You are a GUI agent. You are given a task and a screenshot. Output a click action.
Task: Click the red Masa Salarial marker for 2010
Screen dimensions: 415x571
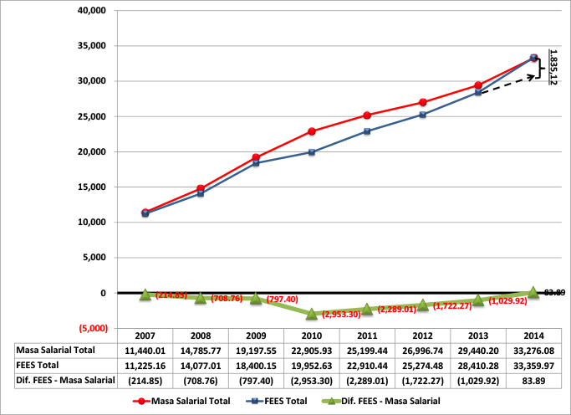[x=312, y=131]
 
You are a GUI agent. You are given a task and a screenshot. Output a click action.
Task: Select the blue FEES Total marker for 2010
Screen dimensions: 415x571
[x=312, y=152]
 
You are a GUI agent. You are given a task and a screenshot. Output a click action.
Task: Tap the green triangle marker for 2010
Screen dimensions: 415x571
[x=312, y=314]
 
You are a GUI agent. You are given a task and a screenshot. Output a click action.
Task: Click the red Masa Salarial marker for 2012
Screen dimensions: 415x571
[x=423, y=103]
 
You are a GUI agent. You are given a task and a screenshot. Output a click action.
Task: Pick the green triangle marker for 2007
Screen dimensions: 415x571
[x=145, y=295]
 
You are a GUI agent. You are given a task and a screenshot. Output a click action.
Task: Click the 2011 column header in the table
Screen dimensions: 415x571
[x=367, y=334]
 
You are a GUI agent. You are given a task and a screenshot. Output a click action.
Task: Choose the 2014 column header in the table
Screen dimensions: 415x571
[x=533, y=334]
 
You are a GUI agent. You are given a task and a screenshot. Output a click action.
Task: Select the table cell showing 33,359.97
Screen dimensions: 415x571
[x=533, y=366]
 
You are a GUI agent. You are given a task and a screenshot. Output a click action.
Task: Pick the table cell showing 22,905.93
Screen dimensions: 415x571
[x=312, y=350]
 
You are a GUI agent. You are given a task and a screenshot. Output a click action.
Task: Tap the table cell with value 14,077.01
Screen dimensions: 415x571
[x=201, y=366]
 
